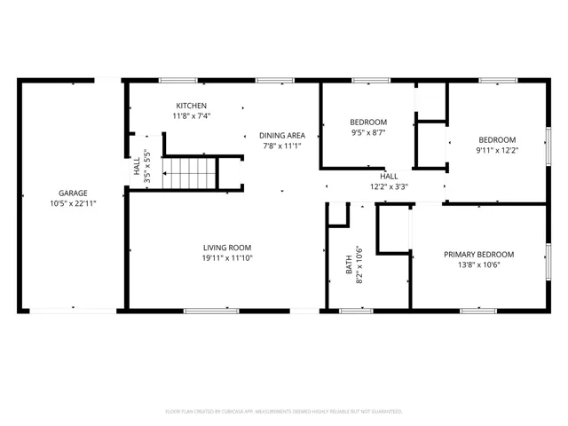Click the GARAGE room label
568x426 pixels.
(73, 193)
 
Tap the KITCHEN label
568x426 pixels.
(192, 106)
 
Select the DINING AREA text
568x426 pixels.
(282, 136)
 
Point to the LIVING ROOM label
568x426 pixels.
(227, 248)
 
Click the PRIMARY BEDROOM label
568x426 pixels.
(479, 255)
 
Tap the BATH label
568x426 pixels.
(349, 264)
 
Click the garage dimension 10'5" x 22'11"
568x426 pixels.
(73, 203)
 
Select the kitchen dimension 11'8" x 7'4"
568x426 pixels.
(192, 116)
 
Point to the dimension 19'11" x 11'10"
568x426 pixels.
(227, 258)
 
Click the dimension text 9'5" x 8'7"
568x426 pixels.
(368, 132)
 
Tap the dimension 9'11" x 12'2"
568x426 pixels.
(497, 150)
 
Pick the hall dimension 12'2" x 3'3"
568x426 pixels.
(389, 187)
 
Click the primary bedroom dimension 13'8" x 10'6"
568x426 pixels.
(479, 264)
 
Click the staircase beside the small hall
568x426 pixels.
(189, 174)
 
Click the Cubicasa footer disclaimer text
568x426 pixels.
(284, 412)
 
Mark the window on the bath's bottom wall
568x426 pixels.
(356, 311)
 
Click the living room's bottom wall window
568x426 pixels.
(211, 311)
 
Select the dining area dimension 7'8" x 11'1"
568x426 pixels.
(282, 146)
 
